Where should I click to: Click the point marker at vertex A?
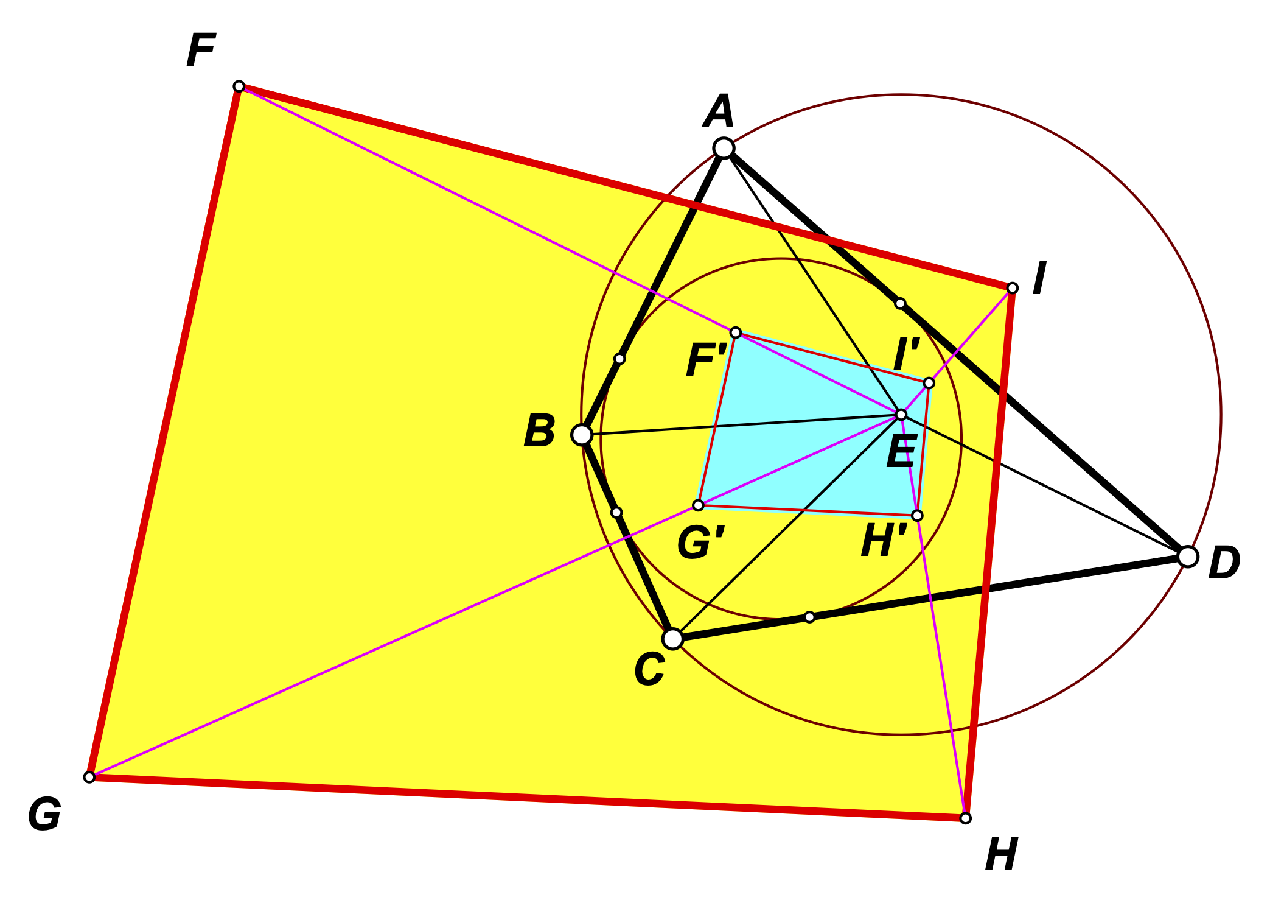click(724, 148)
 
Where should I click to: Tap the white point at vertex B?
click(582, 435)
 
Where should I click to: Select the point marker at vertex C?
click(672, 639)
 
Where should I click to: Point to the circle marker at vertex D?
click(1188, 557)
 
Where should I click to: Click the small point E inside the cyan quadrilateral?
click(901, 415)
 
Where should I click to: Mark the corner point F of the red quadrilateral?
click(239, 86)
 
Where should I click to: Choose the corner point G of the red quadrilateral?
click(89, 777)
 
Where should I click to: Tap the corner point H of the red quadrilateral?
click(965, 818)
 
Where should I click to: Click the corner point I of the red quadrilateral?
click(1012, 288)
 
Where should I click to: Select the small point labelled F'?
click(736, 332)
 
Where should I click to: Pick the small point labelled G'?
click(699, 505)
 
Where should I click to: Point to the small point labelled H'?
click(917, 516)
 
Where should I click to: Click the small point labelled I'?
click(929, 383)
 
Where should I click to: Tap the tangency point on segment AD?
click(900, 303)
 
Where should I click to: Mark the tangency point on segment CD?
click(809, 617)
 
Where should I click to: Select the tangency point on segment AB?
click(619, 359)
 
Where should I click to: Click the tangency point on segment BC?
click(616, 513)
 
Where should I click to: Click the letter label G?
click(44, 815)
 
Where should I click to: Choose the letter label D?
click(1224, 563)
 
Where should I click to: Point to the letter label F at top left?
click(201, 51)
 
